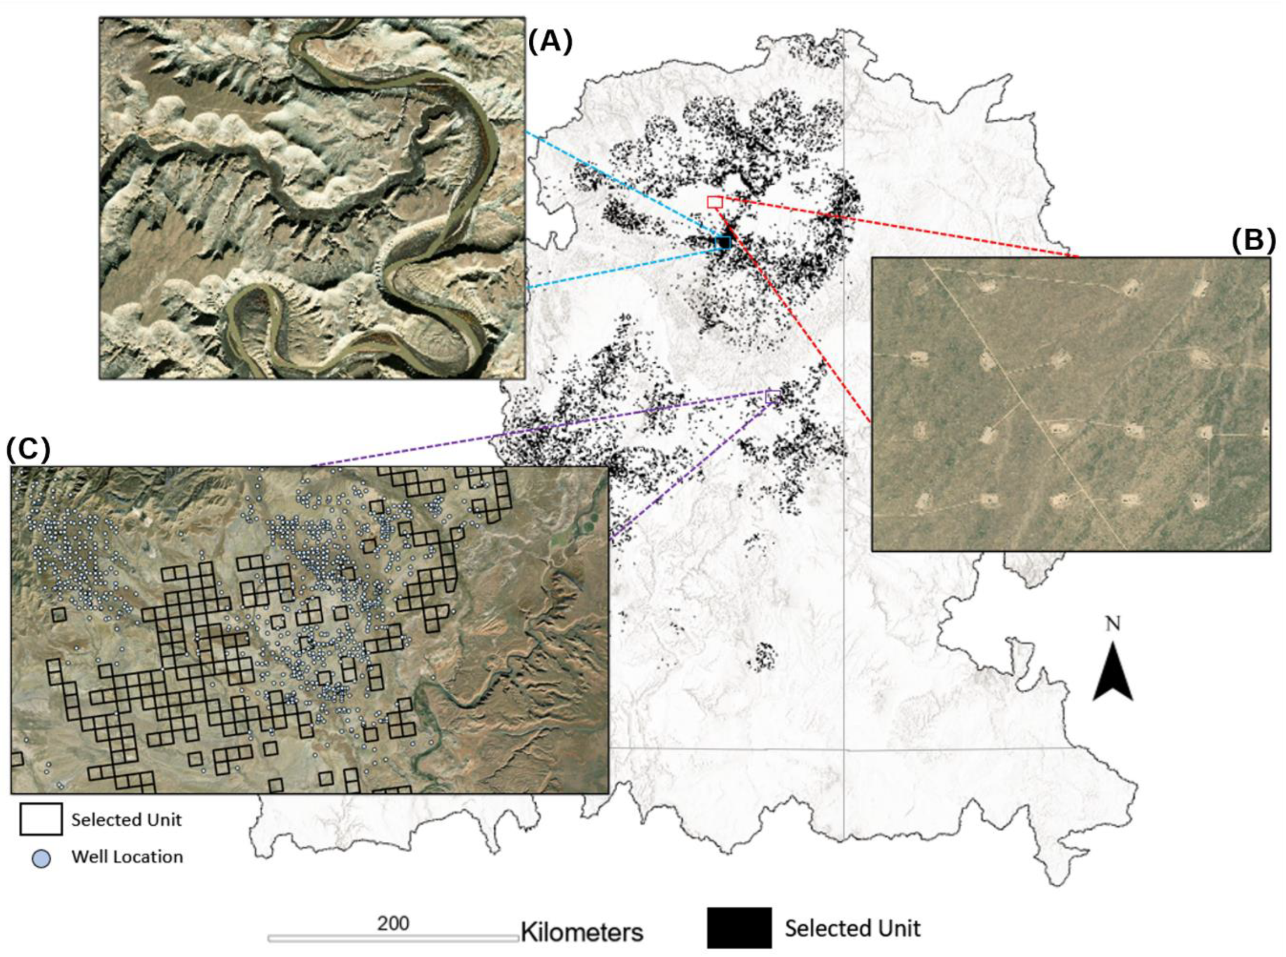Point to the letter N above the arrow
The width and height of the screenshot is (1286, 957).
point(1113,624)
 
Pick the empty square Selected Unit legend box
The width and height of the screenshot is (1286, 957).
point(41,819)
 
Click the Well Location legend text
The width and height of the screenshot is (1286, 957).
point(127,857)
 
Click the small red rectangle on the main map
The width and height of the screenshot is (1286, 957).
point(714,202)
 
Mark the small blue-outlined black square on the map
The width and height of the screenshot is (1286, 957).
point(723,242)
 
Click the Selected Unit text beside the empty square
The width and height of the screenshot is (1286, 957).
point(126,820)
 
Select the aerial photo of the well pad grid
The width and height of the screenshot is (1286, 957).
point(1071,404)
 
